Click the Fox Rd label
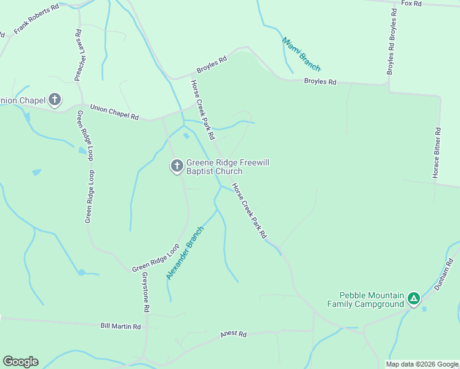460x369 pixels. click(x=411, y=4)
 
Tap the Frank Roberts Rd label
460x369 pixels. click(x=36, y=19)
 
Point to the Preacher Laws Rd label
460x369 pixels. click(x=79, y=55)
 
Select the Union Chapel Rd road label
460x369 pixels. click(x=114, y=112)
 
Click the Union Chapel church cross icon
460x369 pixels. click(x=55, y=99)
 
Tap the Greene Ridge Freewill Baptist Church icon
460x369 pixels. click(x=176, y=165)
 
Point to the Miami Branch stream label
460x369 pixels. click(x=301, y=54)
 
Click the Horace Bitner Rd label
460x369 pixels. click(x=436, y=153)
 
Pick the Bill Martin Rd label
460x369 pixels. click(x=121, y=326)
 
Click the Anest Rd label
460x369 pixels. click(x=233, y=335)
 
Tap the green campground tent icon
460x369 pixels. click(x=414, y=300)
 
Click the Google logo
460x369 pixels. click(x=20, y=362)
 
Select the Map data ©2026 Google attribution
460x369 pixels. click(x=422, y=364)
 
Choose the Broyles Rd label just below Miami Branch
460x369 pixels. click(x=320, y=82)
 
